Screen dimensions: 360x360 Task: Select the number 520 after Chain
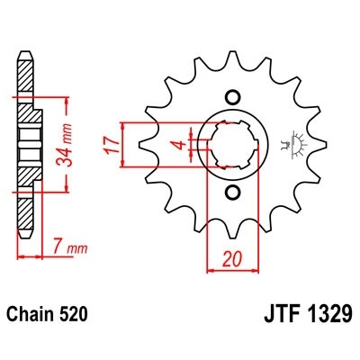pyautogui.click(x=74, y=316)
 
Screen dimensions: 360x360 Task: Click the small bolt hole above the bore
pyautogui.click(x=231, y=97)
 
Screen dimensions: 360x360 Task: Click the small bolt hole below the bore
pyautogui.click(x=231, y=193)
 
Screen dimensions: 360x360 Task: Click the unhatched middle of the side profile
pyautogui.click(x=28, y=144)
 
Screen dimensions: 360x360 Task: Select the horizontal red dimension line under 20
pyautogui.click(x=231, y=267)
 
